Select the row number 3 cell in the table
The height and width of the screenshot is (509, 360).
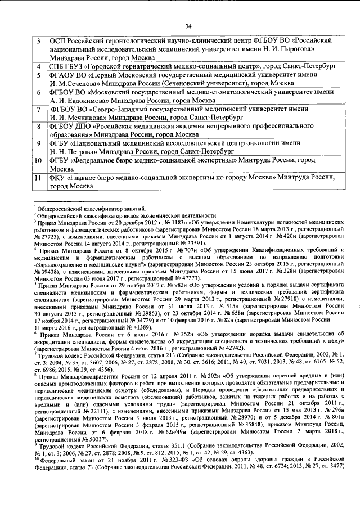pos(38,42)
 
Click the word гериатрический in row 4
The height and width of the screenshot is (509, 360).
pos(133,66)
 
